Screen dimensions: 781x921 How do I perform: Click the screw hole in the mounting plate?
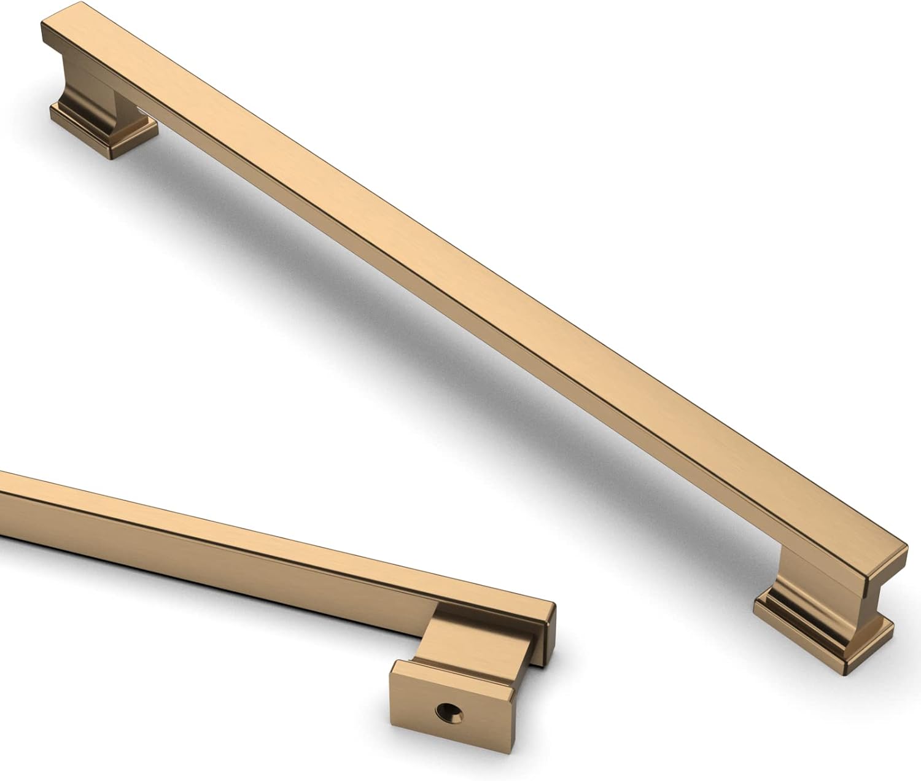click(449, 712)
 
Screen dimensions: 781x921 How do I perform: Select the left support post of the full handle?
click(86, 86)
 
